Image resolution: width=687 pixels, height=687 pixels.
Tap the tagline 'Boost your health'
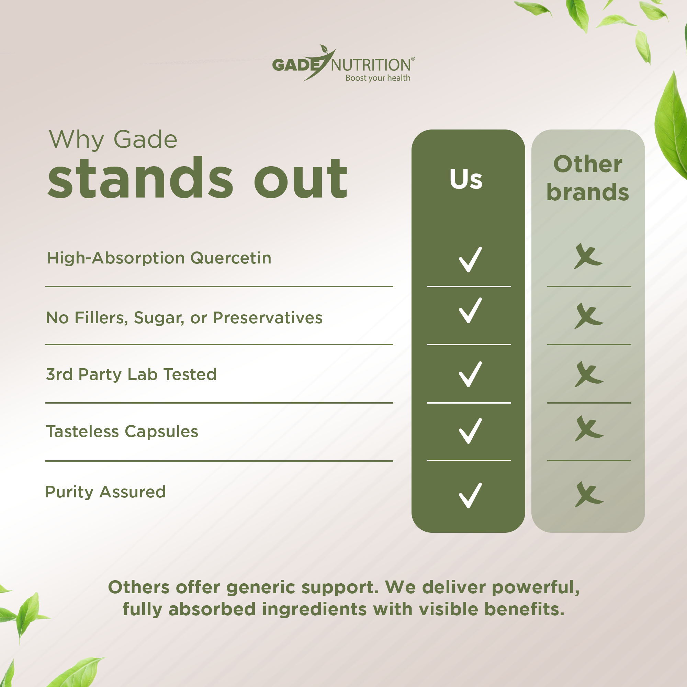point(378,78)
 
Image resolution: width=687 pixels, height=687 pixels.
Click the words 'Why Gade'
point(113,139)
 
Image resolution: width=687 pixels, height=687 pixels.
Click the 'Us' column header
point(466,179)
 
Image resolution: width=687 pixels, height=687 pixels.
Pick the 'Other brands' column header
point(588,178)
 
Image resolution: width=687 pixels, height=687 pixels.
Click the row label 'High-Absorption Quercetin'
point(159,258)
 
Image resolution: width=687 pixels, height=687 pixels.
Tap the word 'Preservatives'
point(267,317)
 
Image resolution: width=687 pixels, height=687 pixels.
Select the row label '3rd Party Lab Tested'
point(131,374)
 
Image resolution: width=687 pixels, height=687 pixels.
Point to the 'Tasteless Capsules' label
point(122,431)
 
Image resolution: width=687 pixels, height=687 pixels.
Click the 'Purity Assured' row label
point(105,492)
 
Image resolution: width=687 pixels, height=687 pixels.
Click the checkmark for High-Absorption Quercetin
point(470,260)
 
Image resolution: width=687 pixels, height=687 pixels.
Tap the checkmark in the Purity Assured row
point(470,495)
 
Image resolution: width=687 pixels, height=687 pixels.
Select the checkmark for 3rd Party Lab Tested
point(470,374)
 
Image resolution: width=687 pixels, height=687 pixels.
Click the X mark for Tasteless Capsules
point(588,428)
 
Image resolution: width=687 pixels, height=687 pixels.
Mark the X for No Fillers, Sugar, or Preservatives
point(588,316)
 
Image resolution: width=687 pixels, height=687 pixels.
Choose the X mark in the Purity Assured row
point(588,494)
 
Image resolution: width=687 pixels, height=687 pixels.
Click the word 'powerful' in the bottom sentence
point(536,587)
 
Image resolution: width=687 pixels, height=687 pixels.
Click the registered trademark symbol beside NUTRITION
point(413,59)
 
